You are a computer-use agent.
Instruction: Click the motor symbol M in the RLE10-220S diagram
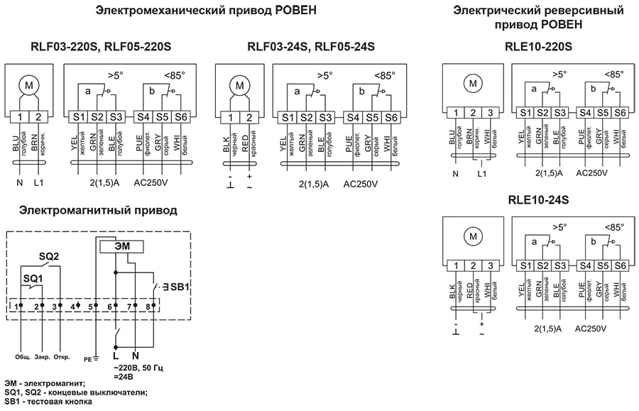(x=472, y=84)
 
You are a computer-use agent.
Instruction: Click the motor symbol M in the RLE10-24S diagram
(x=472, y=237)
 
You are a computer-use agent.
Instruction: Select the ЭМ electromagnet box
(x=121, y=246)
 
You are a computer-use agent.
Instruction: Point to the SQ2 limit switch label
(x=48, y=256)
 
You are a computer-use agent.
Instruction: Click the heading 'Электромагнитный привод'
(x=98, y=210)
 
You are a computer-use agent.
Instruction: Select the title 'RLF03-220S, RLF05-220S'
(x=101, y=47)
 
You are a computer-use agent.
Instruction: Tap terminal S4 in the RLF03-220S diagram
(x=142, y=117)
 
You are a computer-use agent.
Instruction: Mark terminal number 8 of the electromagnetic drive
(x=148, y=306)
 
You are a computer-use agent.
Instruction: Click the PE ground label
(x=89, y=358)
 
